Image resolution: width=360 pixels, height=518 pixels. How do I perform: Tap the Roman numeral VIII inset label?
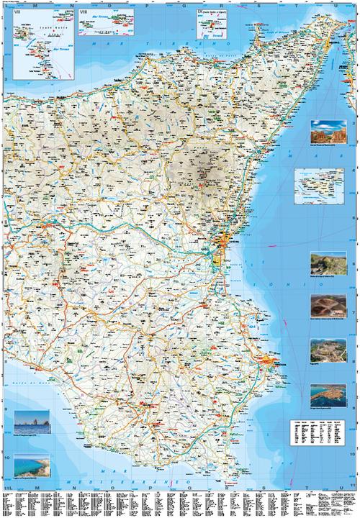tap(82, 13)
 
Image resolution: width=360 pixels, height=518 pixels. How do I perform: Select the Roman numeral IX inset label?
tap(200, 12)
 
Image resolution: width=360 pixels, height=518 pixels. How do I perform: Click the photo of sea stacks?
tap(32, 422)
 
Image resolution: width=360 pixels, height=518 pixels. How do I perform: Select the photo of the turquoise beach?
tap(32, 468)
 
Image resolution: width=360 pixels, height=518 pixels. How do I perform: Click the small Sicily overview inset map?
tap(320, 186)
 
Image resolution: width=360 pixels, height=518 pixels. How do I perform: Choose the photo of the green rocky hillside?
tap(323, 263)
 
